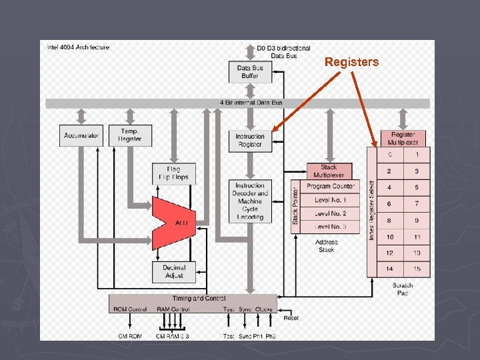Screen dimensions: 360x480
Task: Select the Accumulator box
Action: pyautogui.click(x=81, y=135)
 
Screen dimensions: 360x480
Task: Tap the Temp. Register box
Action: pyautogui.click(x=131, y=135)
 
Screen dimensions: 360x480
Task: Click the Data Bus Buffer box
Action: pyautogui.click(x=250, y=72)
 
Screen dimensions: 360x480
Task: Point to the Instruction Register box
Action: pyautogui.click(x=250, y=140)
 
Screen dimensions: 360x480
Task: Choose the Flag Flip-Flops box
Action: pyautogui.click(x=173, y=173)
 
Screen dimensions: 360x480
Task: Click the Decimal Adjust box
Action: pyautogui.click(x=173, y=271)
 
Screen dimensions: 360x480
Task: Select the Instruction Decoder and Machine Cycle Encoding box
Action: pyautogui.click(x=250, y=201)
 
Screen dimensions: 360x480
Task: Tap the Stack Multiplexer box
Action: pyautogui.click(x=329, y=171)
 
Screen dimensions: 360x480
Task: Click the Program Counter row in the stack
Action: pyautogui.click(x=332, y=186)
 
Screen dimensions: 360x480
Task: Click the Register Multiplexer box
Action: pyautogui.click(x=403, y=139)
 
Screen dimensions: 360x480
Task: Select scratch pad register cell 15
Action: pyautogui.click(x=417, y=269)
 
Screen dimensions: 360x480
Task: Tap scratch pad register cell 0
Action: pyautogui.click(x=390, y=155)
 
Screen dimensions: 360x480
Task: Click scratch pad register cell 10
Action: pyautogui.click(x=390, y=237)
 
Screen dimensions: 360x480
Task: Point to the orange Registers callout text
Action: pyautogui.click(x=351, y=62)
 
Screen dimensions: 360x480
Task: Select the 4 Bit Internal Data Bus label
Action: pyautogui.click(x=251, y=103)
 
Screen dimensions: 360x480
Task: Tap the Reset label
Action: pyautogui.click(x=291, y=318)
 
